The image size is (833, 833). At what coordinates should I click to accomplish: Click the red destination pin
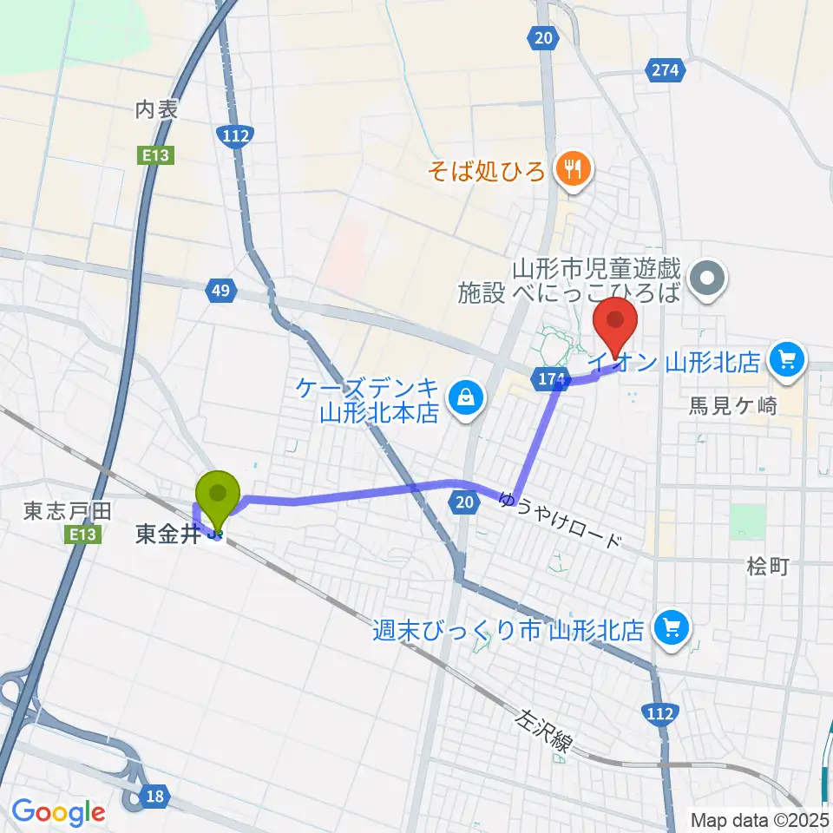pos(615,323)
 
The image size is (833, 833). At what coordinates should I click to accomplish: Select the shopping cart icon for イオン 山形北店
pos(787,358)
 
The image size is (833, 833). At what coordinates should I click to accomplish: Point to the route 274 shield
pos(666,70)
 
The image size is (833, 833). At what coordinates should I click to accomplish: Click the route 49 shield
pos(220,292)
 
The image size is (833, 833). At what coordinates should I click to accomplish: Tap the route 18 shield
pos(154,795)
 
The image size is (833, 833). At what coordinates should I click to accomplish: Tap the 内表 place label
pos(156,109)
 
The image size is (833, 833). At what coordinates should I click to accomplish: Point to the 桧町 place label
pos(767,567)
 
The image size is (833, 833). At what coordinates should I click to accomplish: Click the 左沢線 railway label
pos(545,731)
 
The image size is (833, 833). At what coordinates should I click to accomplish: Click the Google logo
pos(58,812)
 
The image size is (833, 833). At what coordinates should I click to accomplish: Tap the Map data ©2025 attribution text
pos(760,819)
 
